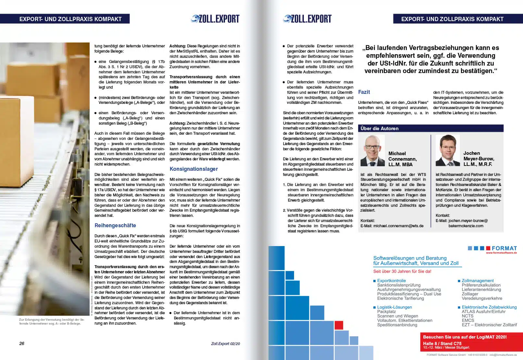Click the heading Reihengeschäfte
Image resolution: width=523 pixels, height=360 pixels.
115,226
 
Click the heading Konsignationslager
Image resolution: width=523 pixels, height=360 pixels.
193,169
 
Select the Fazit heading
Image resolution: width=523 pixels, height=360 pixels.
364,92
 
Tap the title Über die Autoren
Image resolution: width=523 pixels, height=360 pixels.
379,129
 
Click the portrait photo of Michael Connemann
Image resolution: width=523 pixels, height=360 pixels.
372,151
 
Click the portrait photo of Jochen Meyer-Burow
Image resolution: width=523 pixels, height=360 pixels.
447,150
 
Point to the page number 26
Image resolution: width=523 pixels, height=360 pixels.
22,343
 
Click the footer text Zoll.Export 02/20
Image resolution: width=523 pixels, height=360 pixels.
225,344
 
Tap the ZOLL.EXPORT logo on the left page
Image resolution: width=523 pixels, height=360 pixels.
215,19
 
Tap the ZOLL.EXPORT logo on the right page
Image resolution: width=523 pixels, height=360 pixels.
307,19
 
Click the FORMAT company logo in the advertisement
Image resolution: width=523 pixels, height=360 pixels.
492,248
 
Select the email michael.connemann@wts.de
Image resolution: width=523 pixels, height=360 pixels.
398,226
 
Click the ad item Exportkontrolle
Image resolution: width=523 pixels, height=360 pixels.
391,281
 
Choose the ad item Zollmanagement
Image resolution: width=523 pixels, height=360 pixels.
478,281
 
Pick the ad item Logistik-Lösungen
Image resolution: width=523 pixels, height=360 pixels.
394,307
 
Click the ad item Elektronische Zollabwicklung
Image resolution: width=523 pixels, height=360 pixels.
489,307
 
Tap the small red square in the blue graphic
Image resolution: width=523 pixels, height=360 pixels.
339,325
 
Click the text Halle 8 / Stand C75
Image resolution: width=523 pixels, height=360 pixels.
442,343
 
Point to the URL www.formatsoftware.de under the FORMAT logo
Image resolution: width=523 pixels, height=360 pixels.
501,253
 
